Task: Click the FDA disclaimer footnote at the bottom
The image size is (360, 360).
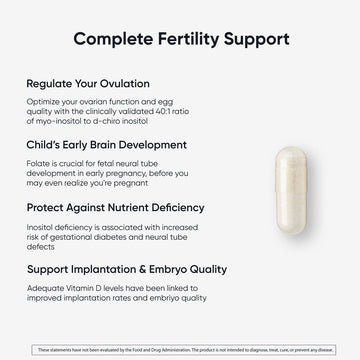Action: point(180,349)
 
